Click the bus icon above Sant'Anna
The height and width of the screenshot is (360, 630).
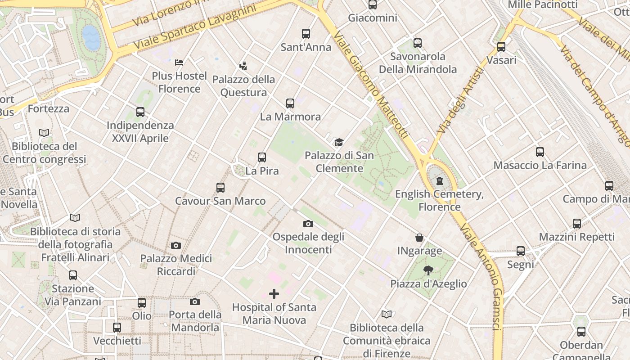click(x=306, y=33)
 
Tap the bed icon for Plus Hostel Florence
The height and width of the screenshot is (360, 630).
click(x=179, y=62)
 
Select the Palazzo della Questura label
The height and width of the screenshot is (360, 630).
click(x=243, y=86)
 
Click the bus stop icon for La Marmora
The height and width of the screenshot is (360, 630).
click(x=290, y=103)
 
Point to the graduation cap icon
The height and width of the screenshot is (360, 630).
click(x=339, y=143)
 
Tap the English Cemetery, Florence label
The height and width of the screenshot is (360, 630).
click(x=439, y=200)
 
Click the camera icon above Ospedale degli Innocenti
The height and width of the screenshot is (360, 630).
click(x=308, y=224)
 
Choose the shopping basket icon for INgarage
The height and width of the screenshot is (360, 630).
click(x=419, y=238)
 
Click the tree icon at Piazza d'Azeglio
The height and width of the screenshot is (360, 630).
click(x=428, y=270)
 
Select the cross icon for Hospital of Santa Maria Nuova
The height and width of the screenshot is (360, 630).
click(x=274, y=294)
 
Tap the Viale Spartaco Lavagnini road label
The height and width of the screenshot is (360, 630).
click(x=195, y=27)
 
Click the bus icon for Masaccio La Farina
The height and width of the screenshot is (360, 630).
click(x=540, y=152)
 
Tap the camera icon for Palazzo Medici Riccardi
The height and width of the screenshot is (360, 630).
click(x=176, y=245)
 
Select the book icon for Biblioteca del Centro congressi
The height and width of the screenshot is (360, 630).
click(x=44, y=133)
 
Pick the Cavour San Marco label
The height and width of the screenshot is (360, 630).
click(x=220, y=201)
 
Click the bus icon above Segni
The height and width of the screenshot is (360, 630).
click(x=521, y=251)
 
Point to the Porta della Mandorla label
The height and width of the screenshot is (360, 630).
click(x=195, y=321)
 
